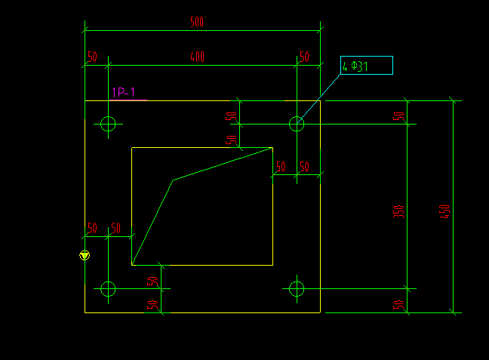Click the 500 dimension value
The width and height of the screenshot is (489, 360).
pyautogui.click(x=196, y=23)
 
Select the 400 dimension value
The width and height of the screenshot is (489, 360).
pyautogui.click(x=196, y=57)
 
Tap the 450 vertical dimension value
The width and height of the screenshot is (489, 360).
pyautogui.click(x=445, y=211)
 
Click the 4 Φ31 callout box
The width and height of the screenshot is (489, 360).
pyautogui.click(x=366, y=66)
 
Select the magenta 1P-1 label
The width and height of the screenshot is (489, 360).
pyautogui.click(x=124, y=93)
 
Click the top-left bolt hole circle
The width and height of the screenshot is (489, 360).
pyautogui.click(x=108, y=123)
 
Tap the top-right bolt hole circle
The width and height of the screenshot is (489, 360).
pyautogui.click(x=297, y=123)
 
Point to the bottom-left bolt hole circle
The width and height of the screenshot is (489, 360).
pyautogui.click(x=108, y=288)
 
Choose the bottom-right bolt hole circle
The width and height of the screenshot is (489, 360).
pyautogui.click(x=297, y=288)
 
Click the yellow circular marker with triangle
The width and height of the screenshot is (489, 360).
pyautogui.click(x=85, y=255)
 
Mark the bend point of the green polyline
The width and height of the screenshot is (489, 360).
pyautogui.click(x=174, y=180)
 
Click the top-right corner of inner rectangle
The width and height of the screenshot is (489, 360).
pyautogui.click(x=272, y=147)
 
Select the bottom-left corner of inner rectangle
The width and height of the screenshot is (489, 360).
pyautogui.click(x=132, y=265)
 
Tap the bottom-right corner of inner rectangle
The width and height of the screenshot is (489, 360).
pyautogui.click(x=272, y=265)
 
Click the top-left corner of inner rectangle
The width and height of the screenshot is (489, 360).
pyautogui.click(x=132, y=147)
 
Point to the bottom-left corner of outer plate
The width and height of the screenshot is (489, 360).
pyautogui.click(x=85, y=312)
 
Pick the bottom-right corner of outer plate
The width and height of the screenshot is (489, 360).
pyautogui.click(x=320, y=312)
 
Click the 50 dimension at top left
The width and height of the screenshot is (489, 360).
pyautogui.click(x=92, y=57)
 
